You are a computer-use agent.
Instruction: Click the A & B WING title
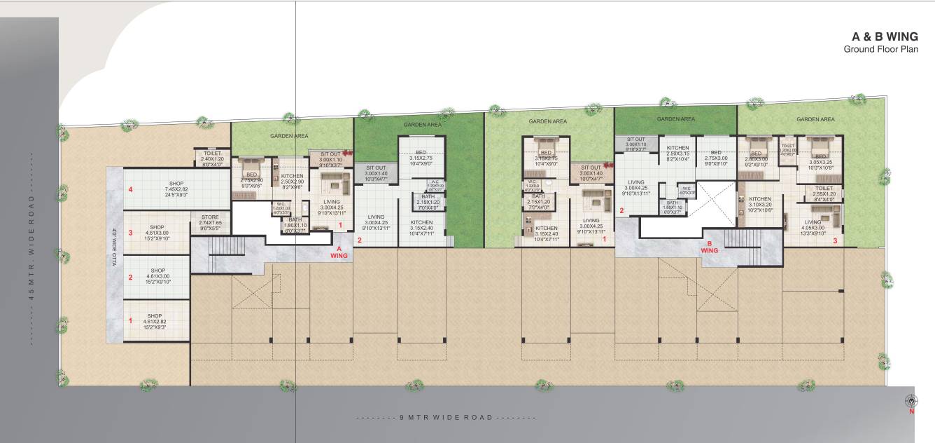884,36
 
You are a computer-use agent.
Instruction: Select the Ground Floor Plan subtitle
880,49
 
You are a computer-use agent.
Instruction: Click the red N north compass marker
911,411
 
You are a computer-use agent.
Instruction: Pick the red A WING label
339,252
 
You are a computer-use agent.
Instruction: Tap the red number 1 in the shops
129,320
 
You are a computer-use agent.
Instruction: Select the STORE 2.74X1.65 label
210,222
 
